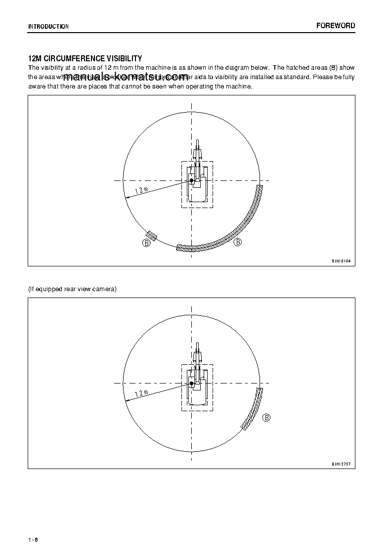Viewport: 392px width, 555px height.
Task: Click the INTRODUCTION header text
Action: click(x=48, y=26)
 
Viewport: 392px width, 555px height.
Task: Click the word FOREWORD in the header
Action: click(x=336, y=26)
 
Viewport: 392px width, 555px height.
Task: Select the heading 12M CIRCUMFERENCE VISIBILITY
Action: click(x=85, y=58)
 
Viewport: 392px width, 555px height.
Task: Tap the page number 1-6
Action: click(x=33, y=539)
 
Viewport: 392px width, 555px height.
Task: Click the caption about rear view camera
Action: click(x=72, y=289)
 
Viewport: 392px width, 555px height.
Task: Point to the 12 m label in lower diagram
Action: click(x=141, y=393)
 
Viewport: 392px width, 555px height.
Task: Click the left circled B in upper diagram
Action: click(x=146, y=243)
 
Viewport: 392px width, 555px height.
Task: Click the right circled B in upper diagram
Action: click(x=238, y=242)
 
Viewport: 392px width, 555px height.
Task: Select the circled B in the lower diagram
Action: click(x=266, y=418)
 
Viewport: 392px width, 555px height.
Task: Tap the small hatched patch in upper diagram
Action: click(x=152, y=236)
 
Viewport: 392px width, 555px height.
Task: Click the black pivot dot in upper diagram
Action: click(x=191, y=181)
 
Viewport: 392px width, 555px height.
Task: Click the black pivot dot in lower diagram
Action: click(x=191, y=383)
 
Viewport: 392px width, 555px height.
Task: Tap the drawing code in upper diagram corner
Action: click(x=341, y=260)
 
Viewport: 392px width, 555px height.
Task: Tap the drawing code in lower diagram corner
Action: click(x=341, y=464)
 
